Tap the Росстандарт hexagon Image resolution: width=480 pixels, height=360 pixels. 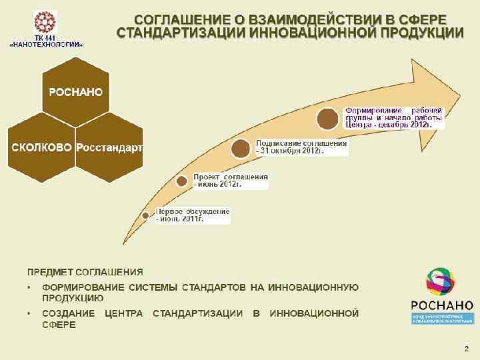pos(109,147)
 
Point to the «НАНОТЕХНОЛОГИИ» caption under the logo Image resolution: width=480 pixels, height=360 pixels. pos(46,44)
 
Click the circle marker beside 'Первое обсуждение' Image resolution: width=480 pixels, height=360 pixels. pos(146,215)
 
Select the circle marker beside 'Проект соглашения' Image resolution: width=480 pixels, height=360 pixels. pos(181,181)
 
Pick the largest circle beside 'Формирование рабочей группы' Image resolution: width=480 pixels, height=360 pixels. pos(328,119)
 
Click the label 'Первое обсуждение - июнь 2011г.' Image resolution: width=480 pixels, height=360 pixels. pos(193,215)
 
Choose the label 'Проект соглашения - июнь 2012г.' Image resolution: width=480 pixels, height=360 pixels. pos(231,181)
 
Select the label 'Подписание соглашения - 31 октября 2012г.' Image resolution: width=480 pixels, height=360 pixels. pos(301,147)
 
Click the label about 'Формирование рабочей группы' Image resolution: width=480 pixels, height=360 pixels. pos(393,117)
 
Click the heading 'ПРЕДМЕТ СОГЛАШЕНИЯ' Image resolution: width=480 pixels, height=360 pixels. pos(85,272)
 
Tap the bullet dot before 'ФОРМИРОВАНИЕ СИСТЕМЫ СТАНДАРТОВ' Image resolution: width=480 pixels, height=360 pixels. pos(31,288)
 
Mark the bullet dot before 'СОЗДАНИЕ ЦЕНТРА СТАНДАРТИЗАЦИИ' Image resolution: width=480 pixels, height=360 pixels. pos(31,313)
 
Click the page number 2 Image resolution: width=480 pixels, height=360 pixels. pos(466,349)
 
